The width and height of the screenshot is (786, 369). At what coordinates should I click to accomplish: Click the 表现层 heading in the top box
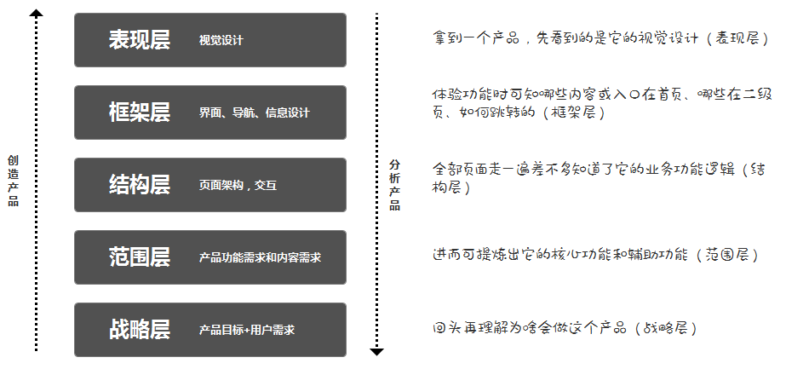point(139,40)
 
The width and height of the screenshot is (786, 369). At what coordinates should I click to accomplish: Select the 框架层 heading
point(139,112)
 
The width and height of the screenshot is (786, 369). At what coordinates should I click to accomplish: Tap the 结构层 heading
point(139,185)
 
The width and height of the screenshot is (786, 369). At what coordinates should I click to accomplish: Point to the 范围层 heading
point(139,257)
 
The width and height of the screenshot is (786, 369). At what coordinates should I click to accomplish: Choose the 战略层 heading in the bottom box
point(139,330)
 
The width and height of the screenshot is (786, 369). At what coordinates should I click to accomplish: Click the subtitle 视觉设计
point(221,40)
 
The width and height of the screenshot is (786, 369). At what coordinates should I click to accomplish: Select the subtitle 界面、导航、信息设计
point(255,112)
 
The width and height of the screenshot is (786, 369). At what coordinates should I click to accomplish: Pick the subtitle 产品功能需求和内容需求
point(260,257)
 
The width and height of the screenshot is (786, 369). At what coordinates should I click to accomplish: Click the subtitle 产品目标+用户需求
point(247,330)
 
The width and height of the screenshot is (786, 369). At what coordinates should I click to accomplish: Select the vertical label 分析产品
point(394,185)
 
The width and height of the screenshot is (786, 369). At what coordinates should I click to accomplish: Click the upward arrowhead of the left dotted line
point(36,12)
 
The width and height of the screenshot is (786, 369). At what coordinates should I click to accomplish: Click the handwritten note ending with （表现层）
point(600,38)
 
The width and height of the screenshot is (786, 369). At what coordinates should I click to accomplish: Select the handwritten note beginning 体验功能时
point(599,102)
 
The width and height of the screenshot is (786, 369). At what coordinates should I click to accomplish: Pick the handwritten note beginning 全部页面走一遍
point(599,177)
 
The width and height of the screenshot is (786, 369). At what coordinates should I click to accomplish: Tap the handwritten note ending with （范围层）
point(594,254)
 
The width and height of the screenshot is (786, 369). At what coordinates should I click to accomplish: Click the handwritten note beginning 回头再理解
point(565,327)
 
